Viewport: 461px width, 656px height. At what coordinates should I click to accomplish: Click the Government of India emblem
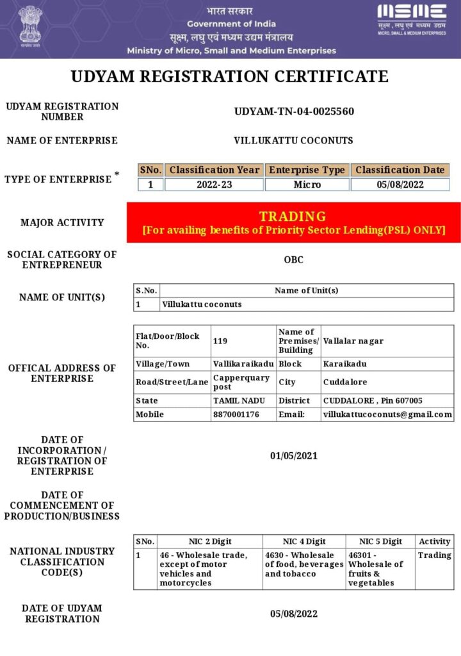(x=29, y=27)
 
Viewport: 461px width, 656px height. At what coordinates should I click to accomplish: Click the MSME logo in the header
(x=412, y=17)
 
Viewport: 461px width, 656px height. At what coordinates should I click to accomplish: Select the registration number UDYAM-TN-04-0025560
(x=294, y=111)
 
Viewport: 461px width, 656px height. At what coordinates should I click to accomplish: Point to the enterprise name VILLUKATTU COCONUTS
(x=293, y=140)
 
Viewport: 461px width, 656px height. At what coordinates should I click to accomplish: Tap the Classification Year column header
(x=214, y=170)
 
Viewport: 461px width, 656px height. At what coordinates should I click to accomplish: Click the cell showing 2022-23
(x=214, y=184)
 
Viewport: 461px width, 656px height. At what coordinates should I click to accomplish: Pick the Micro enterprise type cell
(x=307, y=184)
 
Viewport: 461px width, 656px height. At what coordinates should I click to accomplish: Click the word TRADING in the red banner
(x=293, y=216)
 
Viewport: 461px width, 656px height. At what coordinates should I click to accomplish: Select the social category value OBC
(x=293, y=260)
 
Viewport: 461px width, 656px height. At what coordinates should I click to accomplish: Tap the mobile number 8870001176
(x=236, y=414)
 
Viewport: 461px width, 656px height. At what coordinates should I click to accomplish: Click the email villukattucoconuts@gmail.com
(x=387, y=414)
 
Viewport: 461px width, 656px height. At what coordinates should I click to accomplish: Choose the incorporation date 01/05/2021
(x=293, y=456)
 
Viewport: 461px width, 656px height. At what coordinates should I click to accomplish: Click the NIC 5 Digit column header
(x=380, y=541)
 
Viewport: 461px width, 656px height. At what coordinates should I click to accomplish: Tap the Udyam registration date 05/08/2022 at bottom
(x=293, y=614)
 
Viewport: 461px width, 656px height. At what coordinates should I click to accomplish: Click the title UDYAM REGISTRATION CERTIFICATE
(x=229, y=77)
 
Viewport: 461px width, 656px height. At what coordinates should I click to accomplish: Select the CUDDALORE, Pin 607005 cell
(x=373, y=400)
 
